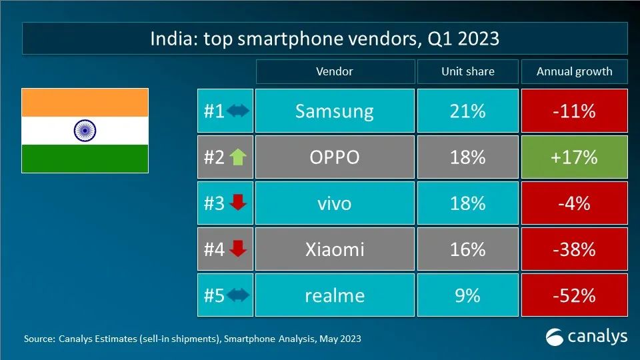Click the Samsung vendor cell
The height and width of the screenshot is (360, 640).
pyautogui.click(x=334, y=111)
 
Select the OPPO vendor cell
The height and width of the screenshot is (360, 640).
pyautogui.click(x=334, y=157)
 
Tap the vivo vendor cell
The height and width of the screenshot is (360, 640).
pyautogui.click(x=334, y=203)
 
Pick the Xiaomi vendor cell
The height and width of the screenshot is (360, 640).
pyautogui.click(x=334, y=249)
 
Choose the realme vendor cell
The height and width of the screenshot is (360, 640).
pyautogui.click(x=334, y=295)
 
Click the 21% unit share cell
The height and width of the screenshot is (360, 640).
pyautogui.click(x=467, y=111)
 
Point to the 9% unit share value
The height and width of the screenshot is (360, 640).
pyautogui.click(x=467, y=295)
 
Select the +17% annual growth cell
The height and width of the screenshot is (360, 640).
pyautogui.click(x=574, y=157)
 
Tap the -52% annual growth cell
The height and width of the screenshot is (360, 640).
pyautogui.click(x=574, y=295)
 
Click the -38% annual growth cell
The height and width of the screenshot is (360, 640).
pyautogui.click(x=574, y=249)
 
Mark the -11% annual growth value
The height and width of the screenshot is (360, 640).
pyautogui.click(x=574, y=111)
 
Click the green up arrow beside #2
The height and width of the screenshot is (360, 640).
pyautogui.click(x=237, y=157)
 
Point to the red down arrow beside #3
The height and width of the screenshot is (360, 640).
pyautogui.click(x=237, y=203)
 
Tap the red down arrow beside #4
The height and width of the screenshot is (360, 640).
pyautogui.click(x=237, y=249)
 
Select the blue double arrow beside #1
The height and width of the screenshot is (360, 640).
pyautogui.click(x=237, y=111)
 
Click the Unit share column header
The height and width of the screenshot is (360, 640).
pyautogui.click(x=467, y=71)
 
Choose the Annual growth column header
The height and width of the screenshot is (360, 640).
pyautogui.click(x=574, y=71)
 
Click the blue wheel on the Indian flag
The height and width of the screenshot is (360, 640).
pyautogui.click(x=85, y=131)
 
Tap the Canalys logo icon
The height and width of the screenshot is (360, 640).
pyautogui.click(x=555, y=337)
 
